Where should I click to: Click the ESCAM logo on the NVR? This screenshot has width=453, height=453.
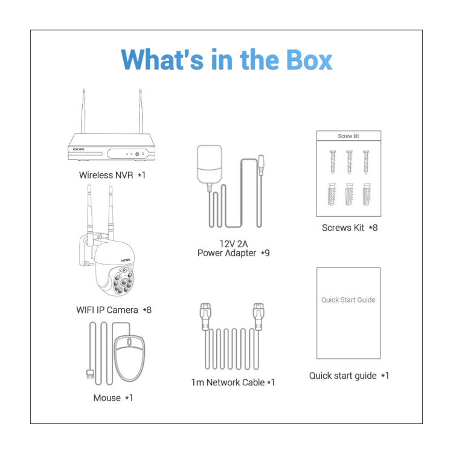click(x=79, y=149)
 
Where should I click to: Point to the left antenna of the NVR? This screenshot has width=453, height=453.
click(x=83, y=111)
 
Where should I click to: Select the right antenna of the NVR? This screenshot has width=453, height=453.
click(x=141, y=111)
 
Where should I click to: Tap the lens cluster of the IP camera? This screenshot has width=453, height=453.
click(x=123, y=281)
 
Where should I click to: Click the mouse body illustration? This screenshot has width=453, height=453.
click(x=129, y=358)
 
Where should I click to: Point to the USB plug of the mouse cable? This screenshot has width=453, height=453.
click(x=90, y=374)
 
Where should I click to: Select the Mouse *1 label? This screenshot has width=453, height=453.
click(x=113, y=398)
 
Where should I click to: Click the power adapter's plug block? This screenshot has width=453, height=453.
click(x=210, y=164)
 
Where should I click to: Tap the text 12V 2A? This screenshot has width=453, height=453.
click(x=233, y=244)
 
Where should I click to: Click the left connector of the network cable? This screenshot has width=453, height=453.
click(x=205, y=316)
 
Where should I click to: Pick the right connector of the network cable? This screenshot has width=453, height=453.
click(x=259, y=316)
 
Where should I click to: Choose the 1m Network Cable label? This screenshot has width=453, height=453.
click(x=233, y=382)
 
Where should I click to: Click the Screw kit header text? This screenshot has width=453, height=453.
click(x=349, y=136)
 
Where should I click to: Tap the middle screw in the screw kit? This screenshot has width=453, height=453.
click(x=349, y=162)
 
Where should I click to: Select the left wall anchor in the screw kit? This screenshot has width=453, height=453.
click(x=332, y=194)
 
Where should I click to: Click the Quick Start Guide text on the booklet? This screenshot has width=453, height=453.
click(x=348, y=300)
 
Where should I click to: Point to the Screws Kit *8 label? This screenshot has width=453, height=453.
click(x=350, y=228)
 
